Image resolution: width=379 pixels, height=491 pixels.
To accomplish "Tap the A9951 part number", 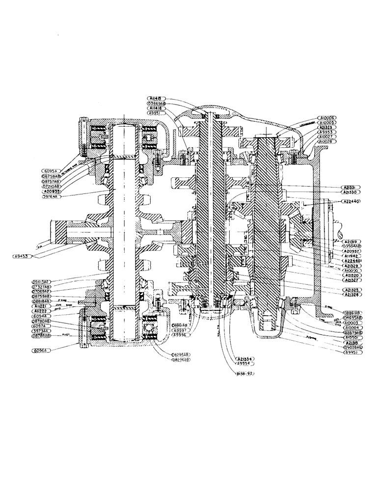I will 157,113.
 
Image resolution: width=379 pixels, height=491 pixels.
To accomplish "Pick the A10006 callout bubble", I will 327,118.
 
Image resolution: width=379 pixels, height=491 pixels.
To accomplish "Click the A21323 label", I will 327,128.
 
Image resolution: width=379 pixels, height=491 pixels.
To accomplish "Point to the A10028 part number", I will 327,142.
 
